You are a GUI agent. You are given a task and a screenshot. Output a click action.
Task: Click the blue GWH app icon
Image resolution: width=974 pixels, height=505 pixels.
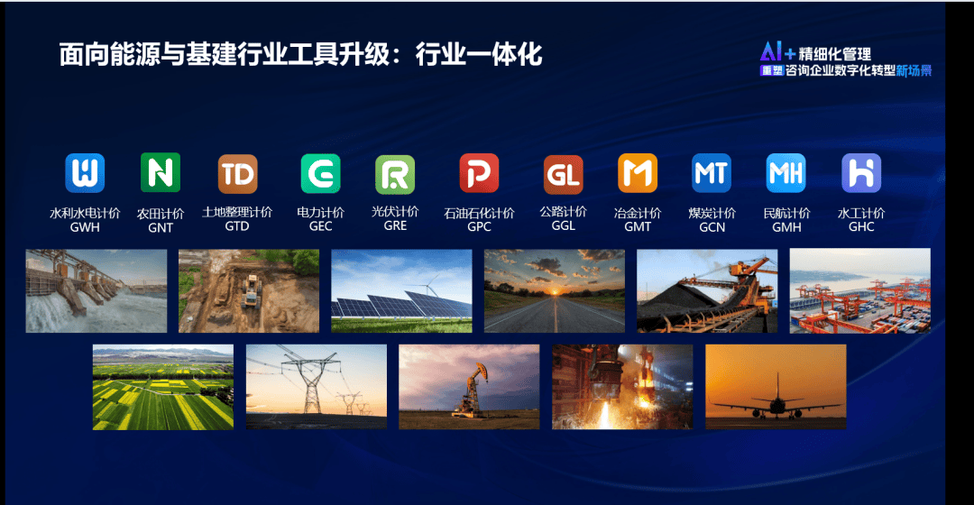pyautogui.click(x=85, y=172)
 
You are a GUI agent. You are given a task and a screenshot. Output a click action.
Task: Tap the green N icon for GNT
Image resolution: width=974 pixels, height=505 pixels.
pyautogui.click(x=161, y=172)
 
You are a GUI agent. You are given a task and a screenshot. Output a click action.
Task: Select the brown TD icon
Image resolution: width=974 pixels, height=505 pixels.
pyautogui.click(x=237, y=174)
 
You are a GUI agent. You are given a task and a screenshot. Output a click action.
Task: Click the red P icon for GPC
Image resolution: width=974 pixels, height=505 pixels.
pyautogui.click(x=479, y=173)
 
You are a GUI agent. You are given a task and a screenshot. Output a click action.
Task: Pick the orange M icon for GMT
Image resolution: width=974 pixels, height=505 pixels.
pyautogui.click(x=638, y=173)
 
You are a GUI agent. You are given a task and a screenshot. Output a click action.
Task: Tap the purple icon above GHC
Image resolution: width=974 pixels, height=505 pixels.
pyautogui.click(x=861, y=173)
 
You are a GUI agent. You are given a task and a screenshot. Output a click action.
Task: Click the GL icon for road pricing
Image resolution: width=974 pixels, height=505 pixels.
pyautogui.click(x=564, y=175)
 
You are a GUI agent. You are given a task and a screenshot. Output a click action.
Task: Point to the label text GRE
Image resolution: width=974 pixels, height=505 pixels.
pyautogui.click(x=395, y=225)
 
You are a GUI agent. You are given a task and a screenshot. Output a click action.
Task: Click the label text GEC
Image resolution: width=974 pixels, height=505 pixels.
pyautogui.click(x=320, y=226)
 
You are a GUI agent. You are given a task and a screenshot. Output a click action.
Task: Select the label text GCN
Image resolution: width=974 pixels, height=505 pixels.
pyautogui.click(x=712, y=227)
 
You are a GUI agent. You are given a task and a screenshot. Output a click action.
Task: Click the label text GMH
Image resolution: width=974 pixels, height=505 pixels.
pyautogui.click(x=786, y=227)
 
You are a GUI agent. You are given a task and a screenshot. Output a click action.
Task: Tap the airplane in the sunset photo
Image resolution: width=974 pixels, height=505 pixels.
pyautogui.click(x=776, y=402)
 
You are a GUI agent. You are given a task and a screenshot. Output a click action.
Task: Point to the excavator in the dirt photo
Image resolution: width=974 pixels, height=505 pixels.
pyautogui.click(x=251, y=291)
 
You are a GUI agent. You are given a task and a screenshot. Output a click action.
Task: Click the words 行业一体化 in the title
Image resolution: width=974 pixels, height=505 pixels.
pyautogui.click(x=479, y=55)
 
